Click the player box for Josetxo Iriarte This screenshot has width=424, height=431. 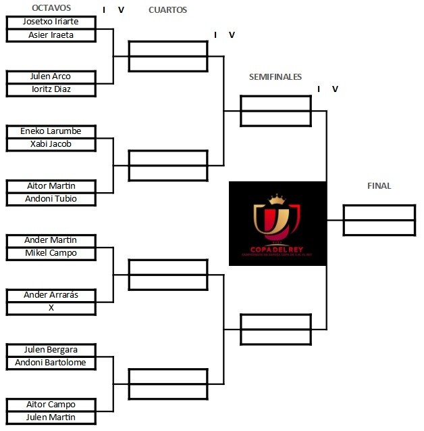pyautogui.click(x=51, y=22)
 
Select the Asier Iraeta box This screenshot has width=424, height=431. pyautogui.click(x=51, y=35)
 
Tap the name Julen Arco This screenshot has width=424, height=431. pyautogui.click(x=51, y=76)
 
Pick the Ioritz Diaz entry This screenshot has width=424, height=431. pyautogui.click(x=51, y=89)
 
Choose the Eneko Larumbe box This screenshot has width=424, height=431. pyautogui.click(x=51, y=131)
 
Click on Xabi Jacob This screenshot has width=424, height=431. pyautogui.click(x=51, y=144)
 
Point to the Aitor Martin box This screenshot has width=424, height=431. pyautogui.click(x=51, y=186)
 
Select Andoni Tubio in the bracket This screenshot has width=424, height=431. pyautogui.click(x=51, y=199)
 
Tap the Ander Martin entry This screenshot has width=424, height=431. pyautogui.click(x=51, y=240)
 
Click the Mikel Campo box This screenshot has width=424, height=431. pyautogui.click(x=51, y=253)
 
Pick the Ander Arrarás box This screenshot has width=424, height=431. pyautogui.click(x=51, y=295)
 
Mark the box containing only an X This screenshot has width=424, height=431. pyautogui.click(x=51, y=308)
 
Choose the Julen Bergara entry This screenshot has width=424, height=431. pyautogui.click(x=51, y=350)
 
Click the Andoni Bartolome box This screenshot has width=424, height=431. pyautogui.click(x=51, y=363)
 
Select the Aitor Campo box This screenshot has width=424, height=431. pyautogui.click(x=51, y=405)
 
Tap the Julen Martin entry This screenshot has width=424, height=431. pyautogui.click(x=51, y=417)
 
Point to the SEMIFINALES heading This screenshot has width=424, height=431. pyautogui.click(x=275, y=77)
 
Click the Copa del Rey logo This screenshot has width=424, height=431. pyautogui.click(x=277, y=223)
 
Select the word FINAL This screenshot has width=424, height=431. pyautogui.click(x=379, y=186)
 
